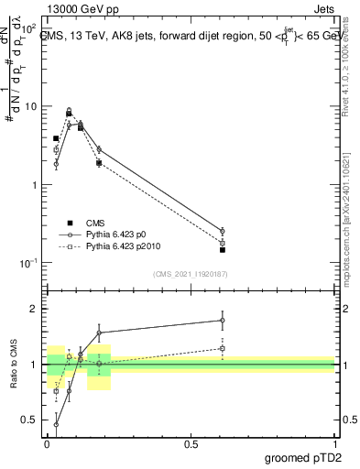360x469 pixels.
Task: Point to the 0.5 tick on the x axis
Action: click(191, 443)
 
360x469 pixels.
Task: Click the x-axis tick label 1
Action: click(335, 443)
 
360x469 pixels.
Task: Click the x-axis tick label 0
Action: click(48, 443)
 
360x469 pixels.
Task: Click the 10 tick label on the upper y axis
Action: click(29, 106)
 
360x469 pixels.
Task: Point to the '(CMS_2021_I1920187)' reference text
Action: click(191, 273)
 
